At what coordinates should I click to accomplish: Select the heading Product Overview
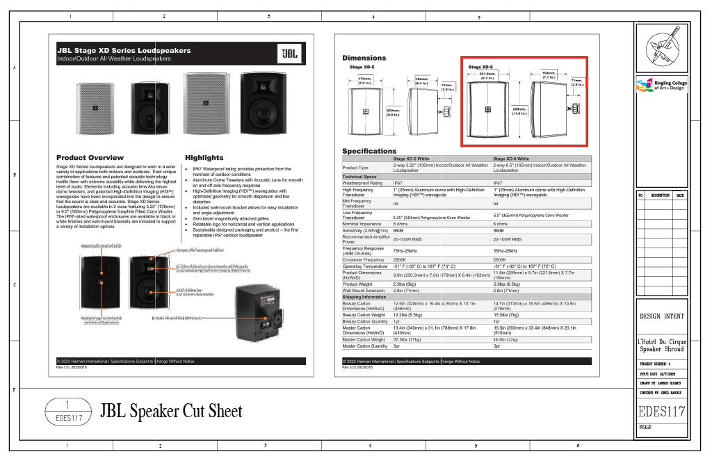tap(90, 158)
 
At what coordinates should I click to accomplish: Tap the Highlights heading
tap(204, 158)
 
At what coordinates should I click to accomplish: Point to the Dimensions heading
tap(364, 58)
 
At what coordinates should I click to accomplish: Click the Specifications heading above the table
tap(369, 151)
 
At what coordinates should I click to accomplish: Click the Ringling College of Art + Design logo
tap(661, 85)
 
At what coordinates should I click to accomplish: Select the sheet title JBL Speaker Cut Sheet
tap(171, 412)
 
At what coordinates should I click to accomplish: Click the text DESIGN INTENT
tap(661, 316)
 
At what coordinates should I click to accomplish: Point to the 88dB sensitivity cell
tap(499, 230)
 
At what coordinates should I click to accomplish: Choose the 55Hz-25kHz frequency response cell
tap(505, 250)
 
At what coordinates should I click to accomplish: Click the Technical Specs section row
tap(359, 177)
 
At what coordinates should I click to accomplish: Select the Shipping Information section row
tap(364, 297)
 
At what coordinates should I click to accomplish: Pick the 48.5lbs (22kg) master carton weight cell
tap(506, 340)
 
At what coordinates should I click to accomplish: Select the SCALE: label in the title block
tap(645, 427)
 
